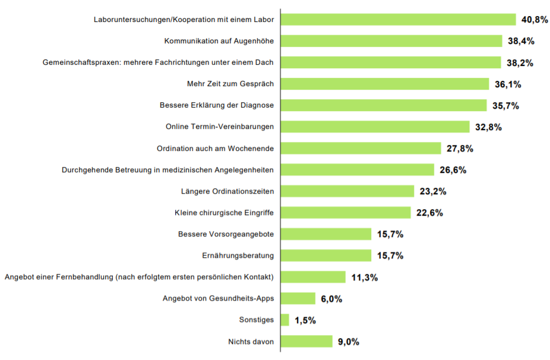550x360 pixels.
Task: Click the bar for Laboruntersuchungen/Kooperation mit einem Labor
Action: pos(398,20)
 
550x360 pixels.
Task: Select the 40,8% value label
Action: pos(535,20)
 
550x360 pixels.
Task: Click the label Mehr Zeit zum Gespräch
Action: pos(230,84)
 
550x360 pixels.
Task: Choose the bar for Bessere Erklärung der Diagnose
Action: pos(384,105)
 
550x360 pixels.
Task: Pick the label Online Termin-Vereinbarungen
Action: pos(220,127)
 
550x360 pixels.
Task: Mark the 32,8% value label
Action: pos(489,127)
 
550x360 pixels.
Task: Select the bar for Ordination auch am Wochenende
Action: pos(361,148)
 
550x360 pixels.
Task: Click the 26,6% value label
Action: pos(453,170)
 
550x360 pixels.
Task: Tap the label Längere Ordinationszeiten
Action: pos(227,191)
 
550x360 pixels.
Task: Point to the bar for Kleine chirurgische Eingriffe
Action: pos(346,213)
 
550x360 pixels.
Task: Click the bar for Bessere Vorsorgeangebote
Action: pos(325,234)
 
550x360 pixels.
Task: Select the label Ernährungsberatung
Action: pos(238,255)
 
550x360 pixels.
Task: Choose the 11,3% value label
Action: pos(365,277)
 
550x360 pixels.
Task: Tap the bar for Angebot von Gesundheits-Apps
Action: pos(298,298)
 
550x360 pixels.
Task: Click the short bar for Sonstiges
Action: pos(285,320)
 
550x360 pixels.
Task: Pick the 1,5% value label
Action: pos(305,320)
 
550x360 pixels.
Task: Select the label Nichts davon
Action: pos(251,341)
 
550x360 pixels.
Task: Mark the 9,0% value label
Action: pos(349,342)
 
